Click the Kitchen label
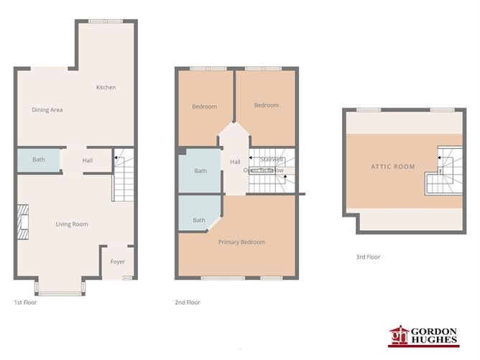click(x=106, y=88)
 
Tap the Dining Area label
click(x=47, y=110)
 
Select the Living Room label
click(x=72, y=224)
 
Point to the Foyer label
click(x=117, y=262)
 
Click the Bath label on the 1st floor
click(x=38, y=160)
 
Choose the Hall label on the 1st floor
click(x=87, y=161)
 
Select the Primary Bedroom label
click(x=241, y=242)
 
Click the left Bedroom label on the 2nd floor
click(x=204, y=107)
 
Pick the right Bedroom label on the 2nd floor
click(x=266, y=106)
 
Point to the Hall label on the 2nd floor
click(x=235, y=162)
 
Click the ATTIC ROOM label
click(x=393, y=167)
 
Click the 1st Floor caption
click(x=25, y=303)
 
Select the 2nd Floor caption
click(x=187, y=303)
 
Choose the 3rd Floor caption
click(x=368, y=257)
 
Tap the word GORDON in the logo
click(x=440, y=330)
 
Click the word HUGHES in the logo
click(x=440, y=341)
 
